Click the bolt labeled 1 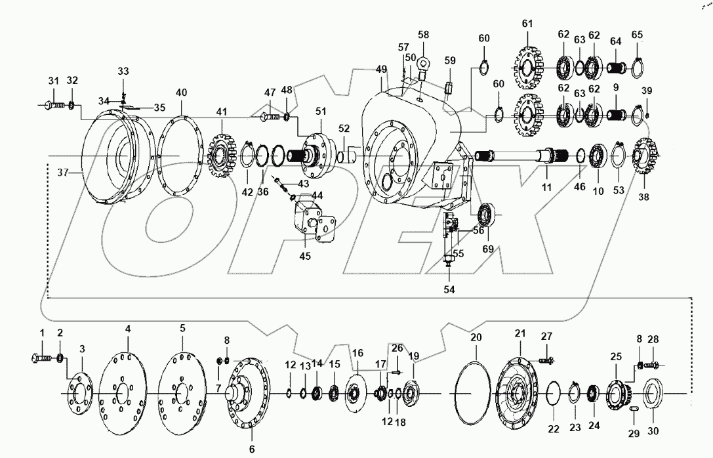coord(41,358)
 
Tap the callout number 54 coord(449,289)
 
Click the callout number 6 coord(253,449)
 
